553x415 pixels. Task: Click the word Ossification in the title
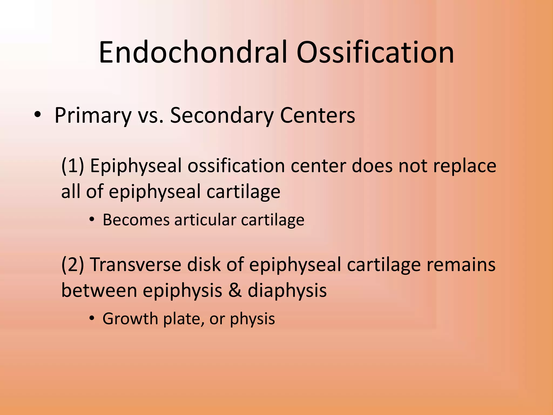(375, 52)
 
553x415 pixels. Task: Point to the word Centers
(317, 116)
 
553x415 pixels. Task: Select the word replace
(465, 166)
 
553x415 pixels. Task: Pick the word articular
(205, 220)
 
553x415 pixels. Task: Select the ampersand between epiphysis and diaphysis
(235, 290)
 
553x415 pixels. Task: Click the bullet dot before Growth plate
(92, 319)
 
